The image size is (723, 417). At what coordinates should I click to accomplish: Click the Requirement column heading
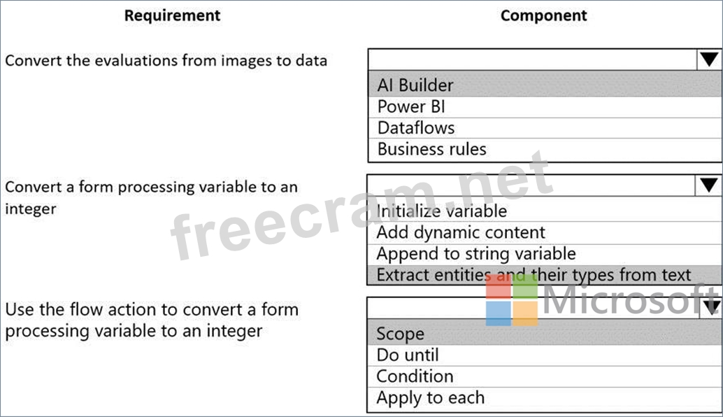click(172, 15)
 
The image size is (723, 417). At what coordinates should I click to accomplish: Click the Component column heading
click(543, 15)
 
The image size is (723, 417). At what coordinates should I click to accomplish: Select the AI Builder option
click(415, 85)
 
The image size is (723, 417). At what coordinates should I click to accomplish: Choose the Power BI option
click(411, 106)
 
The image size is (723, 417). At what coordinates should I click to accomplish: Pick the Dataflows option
click(416, 128)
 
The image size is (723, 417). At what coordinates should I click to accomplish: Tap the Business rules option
click(431, 149)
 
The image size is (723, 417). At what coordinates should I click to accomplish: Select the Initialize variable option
click(442, 211)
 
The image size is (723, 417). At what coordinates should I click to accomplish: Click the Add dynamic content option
click(461, 232)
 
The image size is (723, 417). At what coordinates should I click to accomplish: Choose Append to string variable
click(476, 254)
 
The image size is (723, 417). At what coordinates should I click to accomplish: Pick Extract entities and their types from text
click(534, 275)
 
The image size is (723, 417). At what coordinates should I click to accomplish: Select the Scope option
click(400, 334)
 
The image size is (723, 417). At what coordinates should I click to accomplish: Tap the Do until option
click(408, 355)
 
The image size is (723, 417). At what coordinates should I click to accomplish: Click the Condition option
click(415, 376)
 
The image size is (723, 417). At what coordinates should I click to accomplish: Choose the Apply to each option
click(430, 397)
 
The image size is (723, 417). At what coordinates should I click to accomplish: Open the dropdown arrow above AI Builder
click(709, 59)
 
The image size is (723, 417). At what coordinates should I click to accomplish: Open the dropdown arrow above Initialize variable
click(708, 185)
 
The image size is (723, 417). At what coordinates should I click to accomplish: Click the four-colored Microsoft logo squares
click(512, 300)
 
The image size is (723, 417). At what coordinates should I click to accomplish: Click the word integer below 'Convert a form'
click(31, 209)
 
